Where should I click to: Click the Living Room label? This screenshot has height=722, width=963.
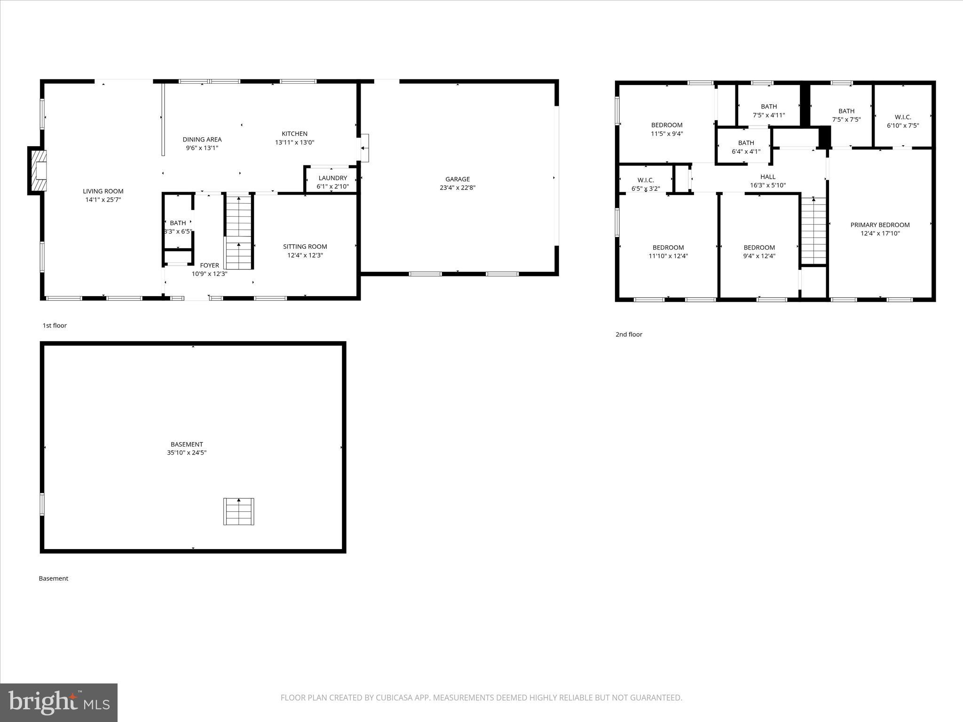[103, 191]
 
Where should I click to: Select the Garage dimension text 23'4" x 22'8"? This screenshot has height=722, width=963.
[458, 188]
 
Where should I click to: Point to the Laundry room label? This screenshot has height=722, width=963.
[332, 178]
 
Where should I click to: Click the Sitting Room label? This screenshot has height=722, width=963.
[305, 247]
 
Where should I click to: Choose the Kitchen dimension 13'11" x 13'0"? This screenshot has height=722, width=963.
[294, 142]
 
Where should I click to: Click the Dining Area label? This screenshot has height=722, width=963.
[202, 140]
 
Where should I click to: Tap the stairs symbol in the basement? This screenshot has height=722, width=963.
[238, 511]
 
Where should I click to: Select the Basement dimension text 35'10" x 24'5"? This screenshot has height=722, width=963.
[187, 453]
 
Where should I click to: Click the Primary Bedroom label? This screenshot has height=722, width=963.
[880, 225]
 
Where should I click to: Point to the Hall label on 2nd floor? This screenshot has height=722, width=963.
[767, 177]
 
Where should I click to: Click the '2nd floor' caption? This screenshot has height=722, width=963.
[629, 334]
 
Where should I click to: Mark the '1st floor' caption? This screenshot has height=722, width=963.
[55, 325]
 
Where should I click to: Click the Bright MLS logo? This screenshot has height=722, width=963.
[58, 703]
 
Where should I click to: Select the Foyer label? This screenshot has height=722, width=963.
[209, 266]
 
